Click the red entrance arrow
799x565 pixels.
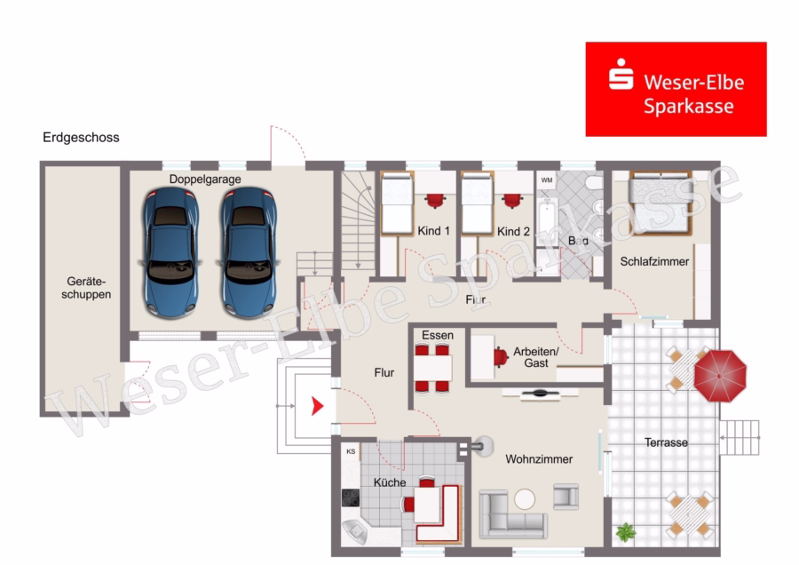click(x=318, y=406)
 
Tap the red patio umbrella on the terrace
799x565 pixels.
click(x=720, y=376)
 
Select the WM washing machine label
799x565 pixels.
click(x=547, y=180)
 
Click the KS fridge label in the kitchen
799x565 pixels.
click(x=351, y=451)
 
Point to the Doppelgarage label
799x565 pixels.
click(x=205, y=179)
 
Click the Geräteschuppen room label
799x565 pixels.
click(x=86, y=288)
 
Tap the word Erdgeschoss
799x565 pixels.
click(x=81, y=137)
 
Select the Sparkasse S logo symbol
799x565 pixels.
click(x=621, y=75)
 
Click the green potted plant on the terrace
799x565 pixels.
click(x=626, y=532)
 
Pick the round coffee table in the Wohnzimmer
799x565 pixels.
click(x=525, y=499)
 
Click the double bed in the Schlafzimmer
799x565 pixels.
click(x=661, y=203)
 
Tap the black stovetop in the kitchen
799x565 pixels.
click(x=351, y=497)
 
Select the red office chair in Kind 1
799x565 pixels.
click(x=435, y=201)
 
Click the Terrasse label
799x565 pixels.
click(x=666, y=442)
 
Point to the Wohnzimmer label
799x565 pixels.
click(x=539, y=459)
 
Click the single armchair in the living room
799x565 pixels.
click(x=566, y=497)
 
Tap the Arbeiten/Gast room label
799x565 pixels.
click(x=535, y=357)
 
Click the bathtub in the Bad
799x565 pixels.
click(x=547, y=223)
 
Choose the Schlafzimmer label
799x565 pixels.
click(x=654, y=261)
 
